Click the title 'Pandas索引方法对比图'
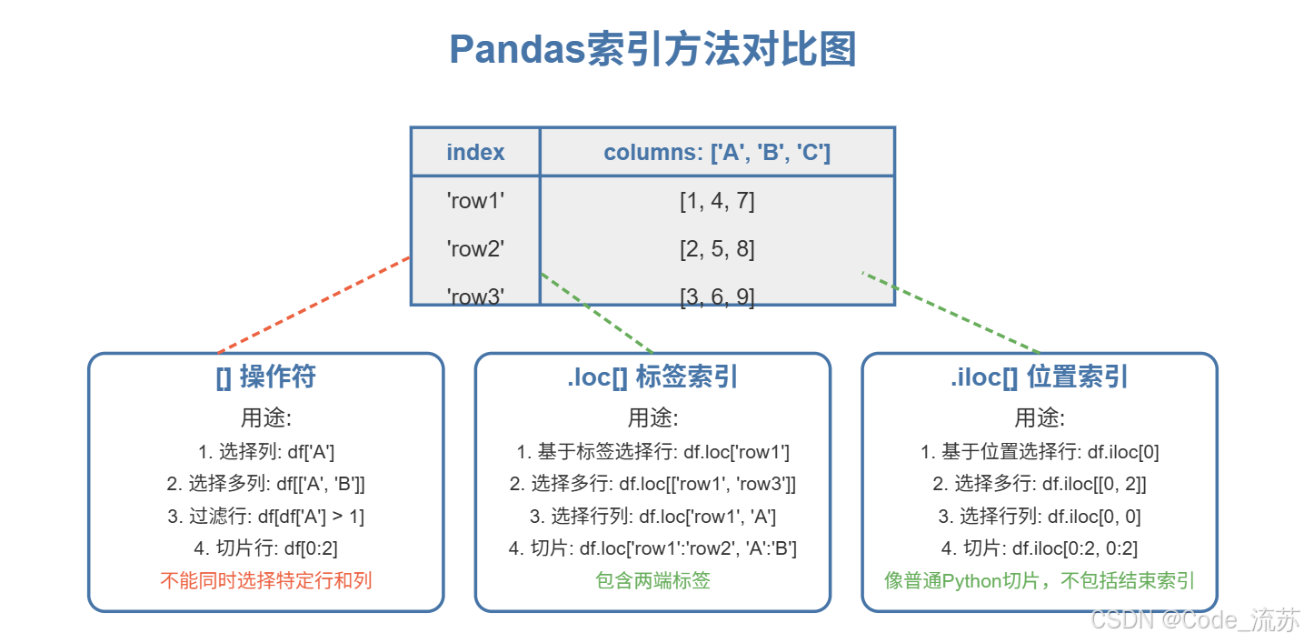pos(652,50)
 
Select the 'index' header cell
pos(475,152)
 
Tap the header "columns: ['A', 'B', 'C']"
pos(717,152)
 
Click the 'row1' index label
pos(475,201)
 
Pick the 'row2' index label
pos(475,248)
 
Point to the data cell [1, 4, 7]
pos(717,201)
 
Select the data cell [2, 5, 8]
pos(717,248)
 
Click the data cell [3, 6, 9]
pos(717,296)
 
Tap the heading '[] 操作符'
pos(265,377)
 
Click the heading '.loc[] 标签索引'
pos(652,377)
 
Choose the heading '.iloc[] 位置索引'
pos(1039,377)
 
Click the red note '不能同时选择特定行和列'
pos(265,580)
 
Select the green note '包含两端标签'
pos(652,580)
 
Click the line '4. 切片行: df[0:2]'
pos(265,548)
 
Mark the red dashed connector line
pos(314,305)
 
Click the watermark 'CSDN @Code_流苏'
pos(1194,620)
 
